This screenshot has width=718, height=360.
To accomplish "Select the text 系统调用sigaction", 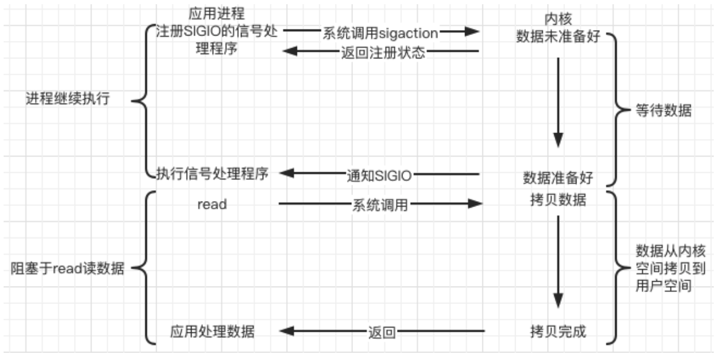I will pos(380,33).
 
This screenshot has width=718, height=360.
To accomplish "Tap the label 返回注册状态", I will pos(383,52).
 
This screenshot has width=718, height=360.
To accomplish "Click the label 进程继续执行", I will pos(67,99).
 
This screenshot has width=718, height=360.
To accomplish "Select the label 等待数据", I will pos(663,111).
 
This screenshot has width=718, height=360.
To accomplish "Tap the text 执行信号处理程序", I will pos(212,174).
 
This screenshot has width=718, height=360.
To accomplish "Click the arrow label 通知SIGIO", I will pos(379,176).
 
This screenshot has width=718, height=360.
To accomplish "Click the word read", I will pos(212,205).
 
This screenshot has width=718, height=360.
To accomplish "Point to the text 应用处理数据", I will pos(212,331).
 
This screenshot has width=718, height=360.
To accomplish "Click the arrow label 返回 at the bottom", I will pos(381,332).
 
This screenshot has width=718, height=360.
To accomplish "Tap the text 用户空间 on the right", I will pos(663,285).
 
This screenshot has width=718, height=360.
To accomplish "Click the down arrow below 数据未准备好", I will pos(558,102).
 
